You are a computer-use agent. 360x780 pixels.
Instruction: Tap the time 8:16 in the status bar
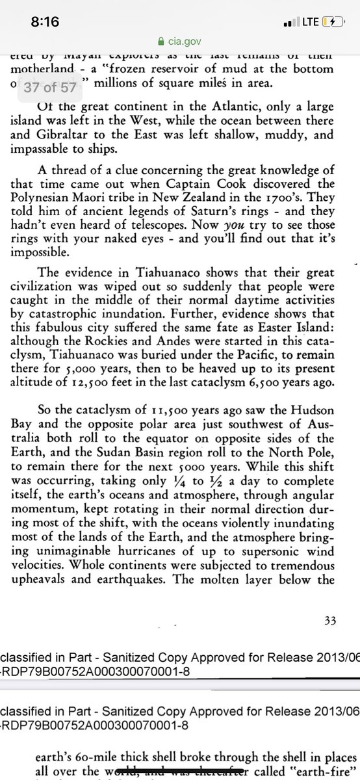45,21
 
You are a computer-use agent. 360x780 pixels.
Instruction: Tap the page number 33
330,621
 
